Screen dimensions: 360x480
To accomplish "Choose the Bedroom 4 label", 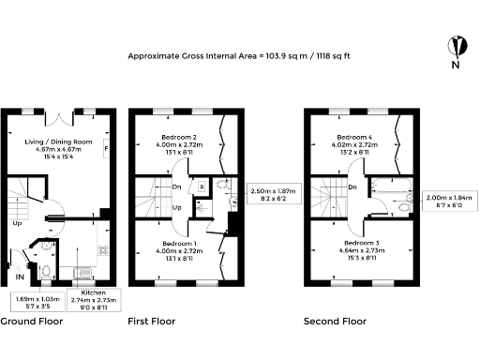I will click(x=353, y=146).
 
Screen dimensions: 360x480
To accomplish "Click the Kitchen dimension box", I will click(x=94, y=300).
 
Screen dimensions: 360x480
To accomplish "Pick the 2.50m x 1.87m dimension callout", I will click(x=272, y=195).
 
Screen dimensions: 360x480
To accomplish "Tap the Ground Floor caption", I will click(x=31, y=322).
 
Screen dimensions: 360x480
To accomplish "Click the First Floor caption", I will click(x=152, y=322).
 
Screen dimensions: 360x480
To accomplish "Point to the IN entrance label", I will click(x=20, y=277).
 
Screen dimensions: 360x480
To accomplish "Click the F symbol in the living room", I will click(x=106, y=149).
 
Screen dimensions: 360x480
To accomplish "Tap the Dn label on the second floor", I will click(x=351, y=186).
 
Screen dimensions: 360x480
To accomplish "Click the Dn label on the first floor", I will click(x=177, y=172).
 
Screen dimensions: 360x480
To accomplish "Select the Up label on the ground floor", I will click(x=16, y=224).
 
